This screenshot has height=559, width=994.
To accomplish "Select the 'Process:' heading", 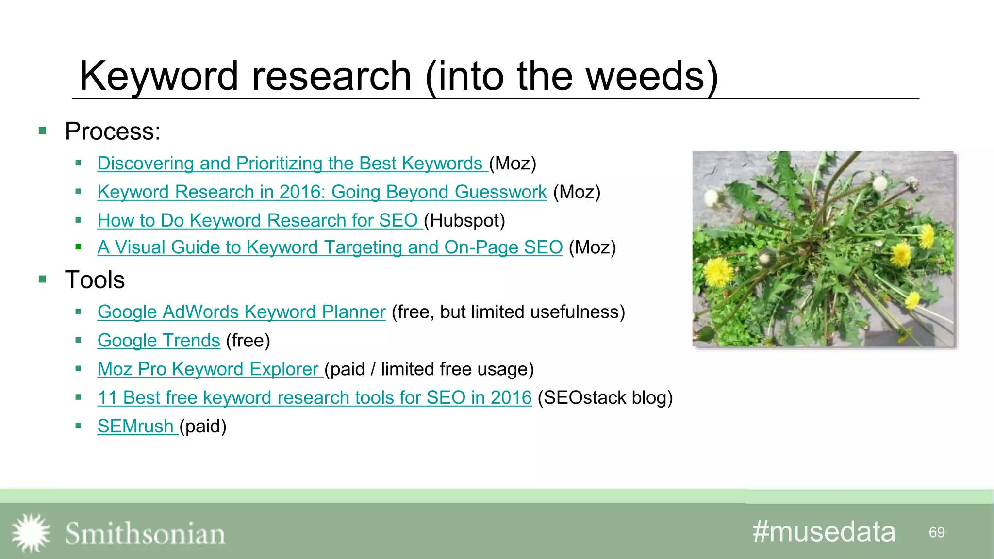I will coord(113,132).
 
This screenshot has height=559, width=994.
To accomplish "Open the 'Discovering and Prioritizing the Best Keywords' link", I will coord(290,164).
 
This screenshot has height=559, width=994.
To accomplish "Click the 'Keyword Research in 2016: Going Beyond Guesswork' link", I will coord(322,192).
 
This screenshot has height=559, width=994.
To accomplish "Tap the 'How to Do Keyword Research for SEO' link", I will coord(257,221).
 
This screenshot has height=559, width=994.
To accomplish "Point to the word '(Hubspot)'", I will coord(464,221).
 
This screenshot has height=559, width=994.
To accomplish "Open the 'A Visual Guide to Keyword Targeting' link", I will coord(330,247).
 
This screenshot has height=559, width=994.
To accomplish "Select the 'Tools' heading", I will coord(95,280).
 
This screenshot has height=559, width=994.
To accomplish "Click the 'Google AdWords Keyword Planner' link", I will coord(241,312).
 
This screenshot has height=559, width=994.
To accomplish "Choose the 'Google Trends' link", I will coord(159,341).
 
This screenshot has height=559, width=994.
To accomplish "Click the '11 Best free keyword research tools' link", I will coord(314,398).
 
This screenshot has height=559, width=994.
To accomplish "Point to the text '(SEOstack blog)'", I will coord(605,398).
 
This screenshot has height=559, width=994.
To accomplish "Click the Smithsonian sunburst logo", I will coord(31,533).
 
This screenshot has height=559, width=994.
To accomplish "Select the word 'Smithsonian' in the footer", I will coord(145,534).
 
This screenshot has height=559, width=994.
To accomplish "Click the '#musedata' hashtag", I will coord(824,532).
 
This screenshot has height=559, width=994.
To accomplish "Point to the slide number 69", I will coord(936,532).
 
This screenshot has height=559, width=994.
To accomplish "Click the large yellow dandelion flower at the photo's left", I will coord(718,271).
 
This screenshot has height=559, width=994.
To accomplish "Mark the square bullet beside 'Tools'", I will coord(43,279).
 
